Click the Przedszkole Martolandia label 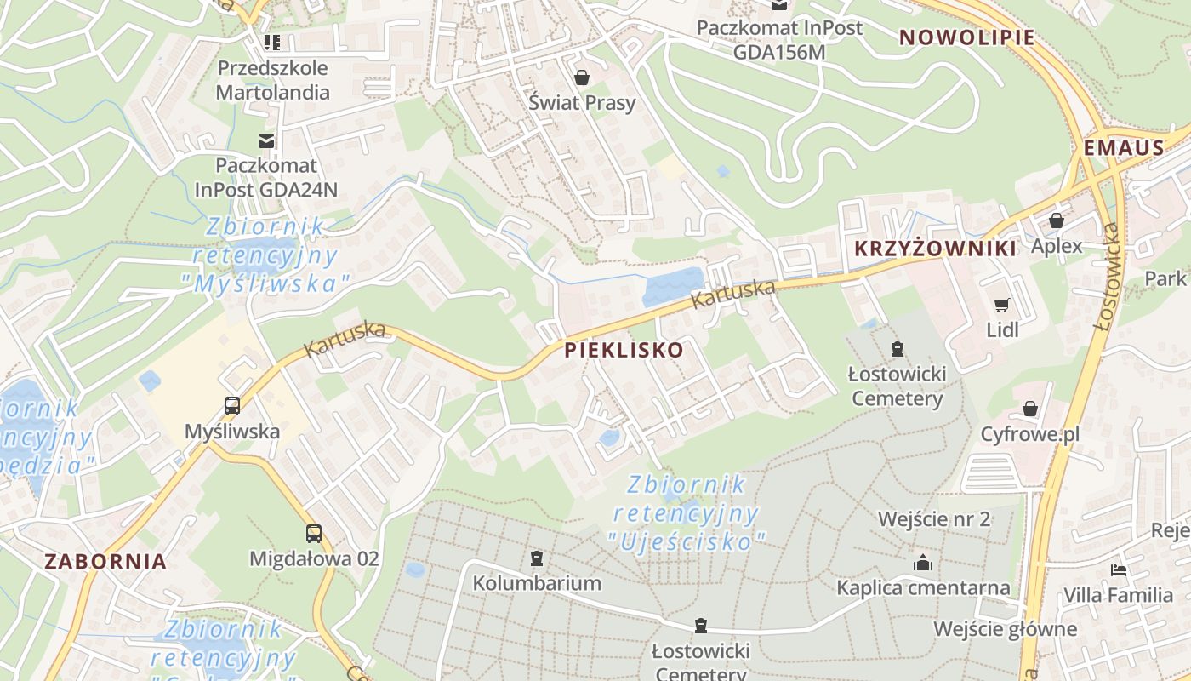272,79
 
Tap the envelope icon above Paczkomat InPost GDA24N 267,140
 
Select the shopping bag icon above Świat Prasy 582,78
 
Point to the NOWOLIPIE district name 967,37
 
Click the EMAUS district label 1124,148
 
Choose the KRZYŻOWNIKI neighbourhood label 935,249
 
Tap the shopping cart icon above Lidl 1002,305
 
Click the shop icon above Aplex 1057,220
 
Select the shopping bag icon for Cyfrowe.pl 1030,409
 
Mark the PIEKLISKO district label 624,350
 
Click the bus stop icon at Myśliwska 232,406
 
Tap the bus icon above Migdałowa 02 314,534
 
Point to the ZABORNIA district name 105,562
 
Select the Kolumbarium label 537,583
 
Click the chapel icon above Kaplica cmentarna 923,563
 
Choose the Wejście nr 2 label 934,519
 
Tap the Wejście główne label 1005,629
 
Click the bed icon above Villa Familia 1119,569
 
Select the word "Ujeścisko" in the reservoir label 687,541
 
